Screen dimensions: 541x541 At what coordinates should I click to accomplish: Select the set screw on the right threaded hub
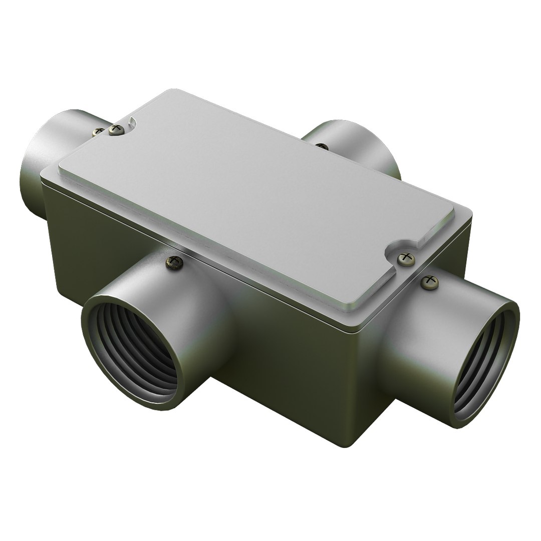tap(429, 282)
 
